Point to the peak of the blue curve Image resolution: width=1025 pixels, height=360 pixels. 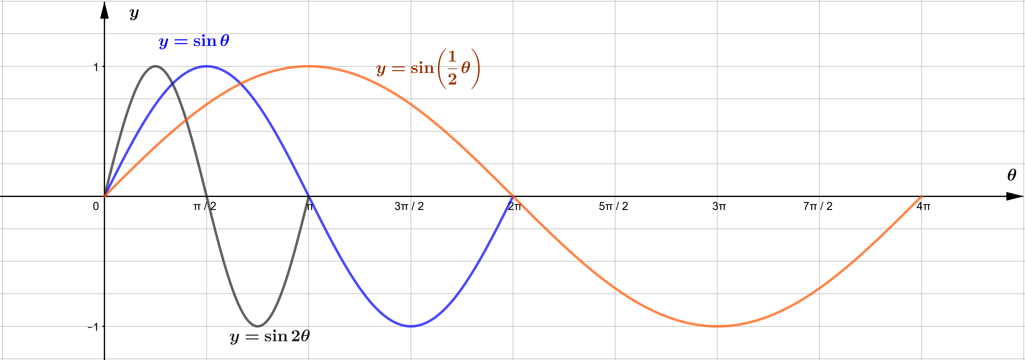(x=207, y=66)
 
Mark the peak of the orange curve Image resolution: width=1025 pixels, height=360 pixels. (x=309, y=66)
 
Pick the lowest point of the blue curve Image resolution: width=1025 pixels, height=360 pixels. (x=411, y=326)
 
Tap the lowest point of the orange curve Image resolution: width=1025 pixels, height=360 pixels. (x=717, y=326)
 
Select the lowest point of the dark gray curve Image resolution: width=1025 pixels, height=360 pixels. (x=258, y=326)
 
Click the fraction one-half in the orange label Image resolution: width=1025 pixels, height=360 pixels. (x=452, y=68)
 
